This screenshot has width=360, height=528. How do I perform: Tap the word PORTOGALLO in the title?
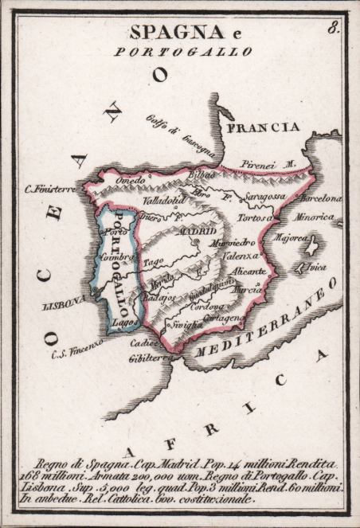tap(183, 51)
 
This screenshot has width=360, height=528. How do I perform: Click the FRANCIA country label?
tap(262, 127)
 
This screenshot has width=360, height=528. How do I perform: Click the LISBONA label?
tap(65, 303)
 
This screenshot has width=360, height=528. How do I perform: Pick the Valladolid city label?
tap(163, 201)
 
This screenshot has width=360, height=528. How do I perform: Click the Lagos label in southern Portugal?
tap(123, 326)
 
